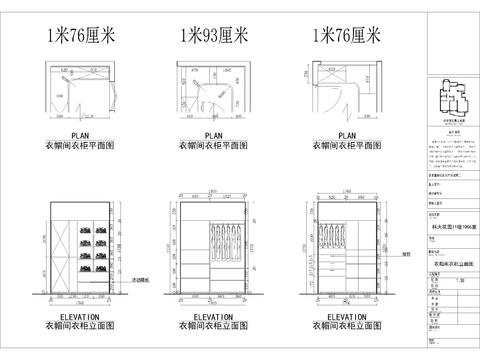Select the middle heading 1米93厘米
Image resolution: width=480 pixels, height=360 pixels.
point(212,37)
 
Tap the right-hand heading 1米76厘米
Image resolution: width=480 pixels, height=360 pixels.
point(347,37)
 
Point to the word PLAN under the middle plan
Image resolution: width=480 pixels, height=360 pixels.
point(213,133)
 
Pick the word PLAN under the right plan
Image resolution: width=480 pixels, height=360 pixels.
point(347,133)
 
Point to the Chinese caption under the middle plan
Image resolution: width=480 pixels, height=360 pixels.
point(213,144)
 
